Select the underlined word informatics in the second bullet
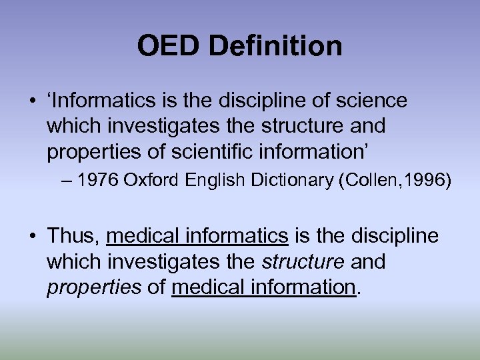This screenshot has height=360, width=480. (237, 236)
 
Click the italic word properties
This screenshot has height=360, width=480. (94, 287)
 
